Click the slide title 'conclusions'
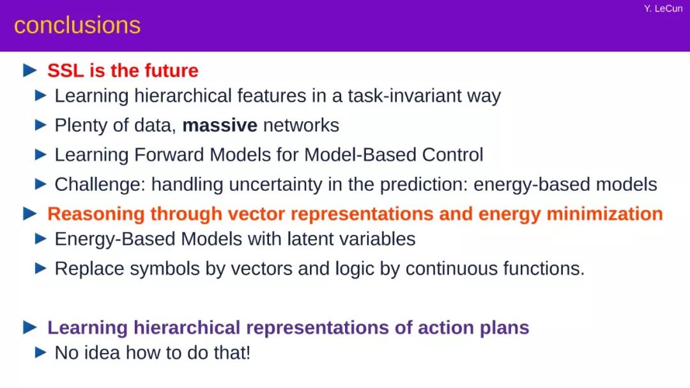[x=77, y=25]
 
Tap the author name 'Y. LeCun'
[x=663, y=9]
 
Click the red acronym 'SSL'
[x=66, y=70]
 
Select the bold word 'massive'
[x=220, y=125]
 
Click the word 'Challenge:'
[x=100, y=184]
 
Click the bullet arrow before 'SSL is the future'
[x=30, y=70]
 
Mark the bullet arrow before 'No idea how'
[x=40, y=352]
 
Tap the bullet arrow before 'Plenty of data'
[x=40, y=125]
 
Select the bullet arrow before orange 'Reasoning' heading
[x=30, y=214]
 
